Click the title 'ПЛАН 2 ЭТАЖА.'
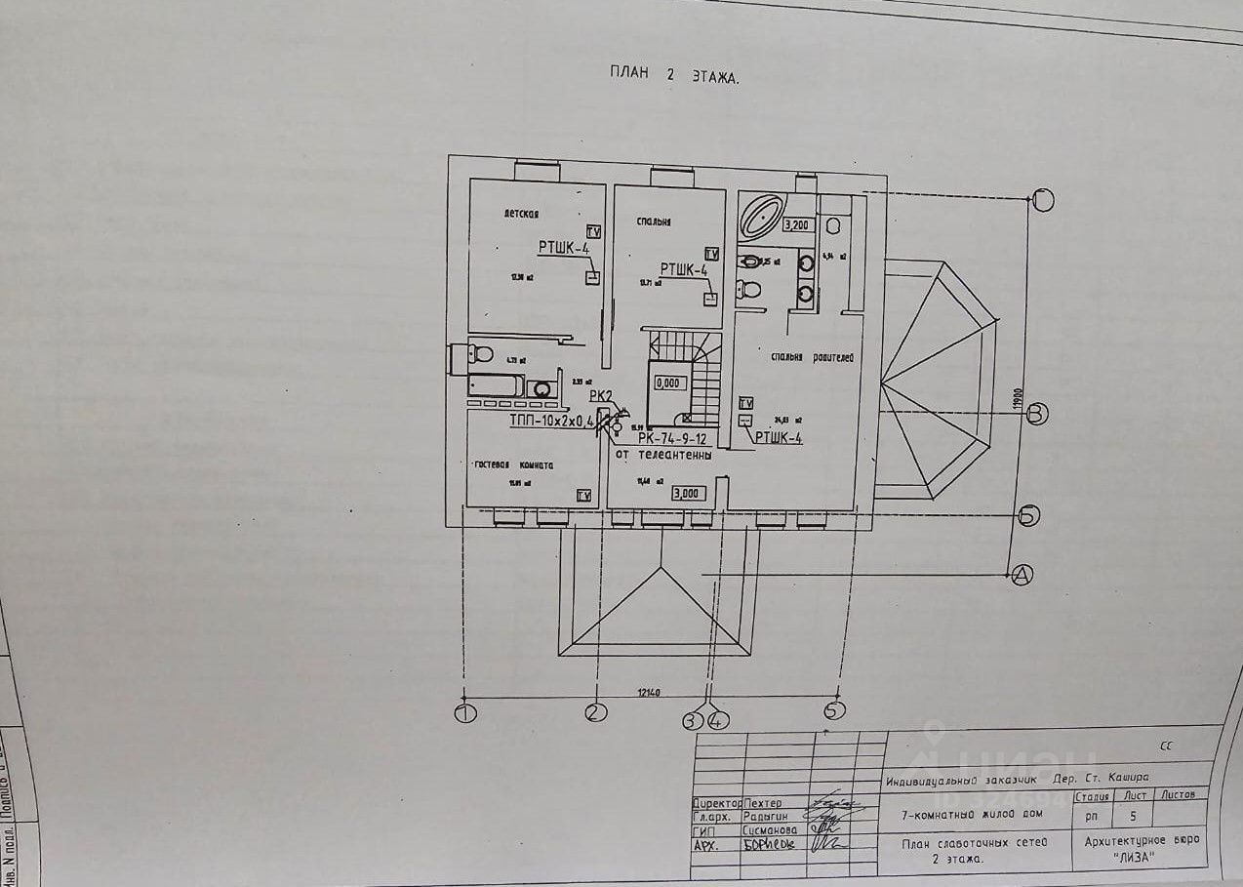(x=674, y=75)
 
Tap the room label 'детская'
(x=522, y=214)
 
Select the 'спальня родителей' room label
(x=812, y=357)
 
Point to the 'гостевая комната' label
(x=514, y=465)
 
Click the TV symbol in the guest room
(x=583, y=496)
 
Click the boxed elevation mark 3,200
(x=798, y=225)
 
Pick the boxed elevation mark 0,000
(x=667, y=383)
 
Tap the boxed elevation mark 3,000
(x=689, y=494)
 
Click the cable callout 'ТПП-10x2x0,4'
(x=551, y=422)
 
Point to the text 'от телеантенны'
(x=662, y=455)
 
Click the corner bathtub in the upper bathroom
(x=760, y=217)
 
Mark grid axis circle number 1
(x=465, y=713)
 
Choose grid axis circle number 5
(x=835, y=711)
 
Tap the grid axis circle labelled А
(x=1022, y=575)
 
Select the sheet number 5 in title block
(x=1133, y=814)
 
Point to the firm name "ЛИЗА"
(x=1133, y=857)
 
